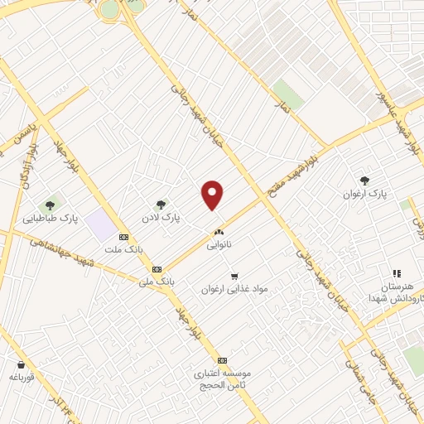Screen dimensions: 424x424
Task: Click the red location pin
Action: pyautogui.click(x=213, y=195)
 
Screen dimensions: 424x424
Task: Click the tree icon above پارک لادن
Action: pyautogui.click(x=161, y=204)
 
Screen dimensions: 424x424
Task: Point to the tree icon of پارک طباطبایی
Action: pyautogui.click(x=51, y=205)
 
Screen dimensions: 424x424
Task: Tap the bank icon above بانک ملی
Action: pyautogui.click(x=157, y=269)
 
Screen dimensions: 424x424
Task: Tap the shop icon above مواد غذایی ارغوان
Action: pyautogui.click(x=234, y=276)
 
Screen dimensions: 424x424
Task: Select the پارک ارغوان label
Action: pyautogui.click(x=365, y=194)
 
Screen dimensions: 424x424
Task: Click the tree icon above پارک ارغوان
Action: pyautogui.click(x=364, y=180)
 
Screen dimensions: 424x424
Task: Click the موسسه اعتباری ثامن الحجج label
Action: pyautogui.click(x=222, y=379)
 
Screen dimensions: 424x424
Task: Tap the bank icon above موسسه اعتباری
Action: pyautogui.click(x=222, y=361)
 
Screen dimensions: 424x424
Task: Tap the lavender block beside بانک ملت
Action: pyautogui.click(x=99, y=223)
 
